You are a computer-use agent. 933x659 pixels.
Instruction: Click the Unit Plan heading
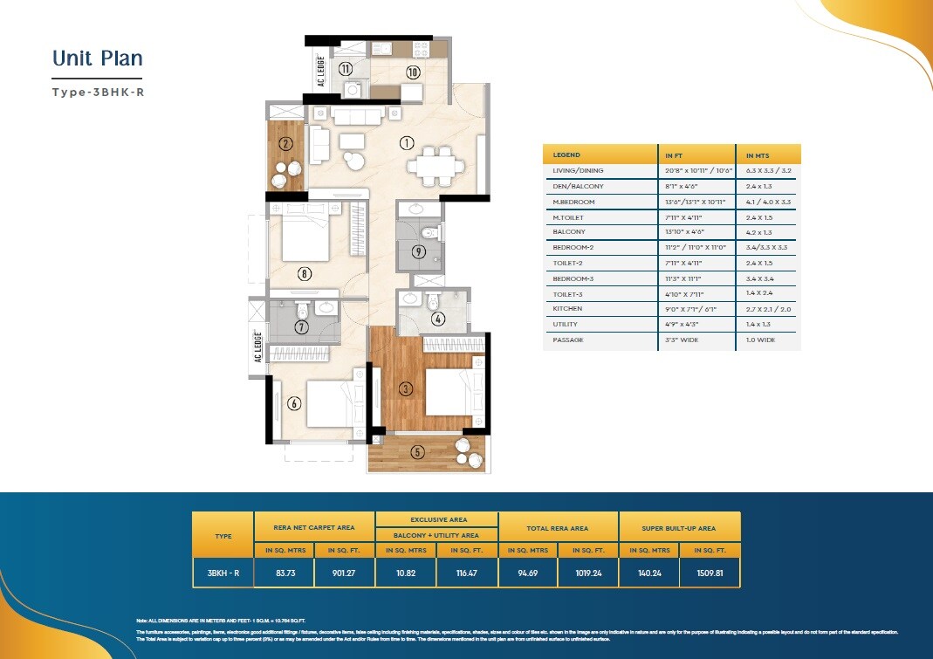point(97,58)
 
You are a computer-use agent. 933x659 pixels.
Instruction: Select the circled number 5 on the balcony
point(417,451)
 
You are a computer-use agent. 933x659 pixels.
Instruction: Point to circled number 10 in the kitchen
point(413,72)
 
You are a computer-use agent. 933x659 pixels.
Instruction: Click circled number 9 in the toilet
point(418,252)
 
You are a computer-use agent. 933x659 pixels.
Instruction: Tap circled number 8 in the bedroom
point(304,273)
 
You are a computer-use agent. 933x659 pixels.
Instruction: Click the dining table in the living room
point(434,163)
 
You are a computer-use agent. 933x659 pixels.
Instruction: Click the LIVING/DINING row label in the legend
point(578,171)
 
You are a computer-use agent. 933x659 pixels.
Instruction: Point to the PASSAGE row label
point(568,340)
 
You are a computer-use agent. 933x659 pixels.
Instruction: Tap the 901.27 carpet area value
point(344,573)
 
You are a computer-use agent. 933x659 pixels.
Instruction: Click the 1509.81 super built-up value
point(710,573)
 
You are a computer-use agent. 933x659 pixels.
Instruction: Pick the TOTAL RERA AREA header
point(558,528)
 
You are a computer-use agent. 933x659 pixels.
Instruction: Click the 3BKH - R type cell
point(223,573)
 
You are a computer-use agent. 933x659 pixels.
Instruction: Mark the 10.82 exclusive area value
point(405,573)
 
